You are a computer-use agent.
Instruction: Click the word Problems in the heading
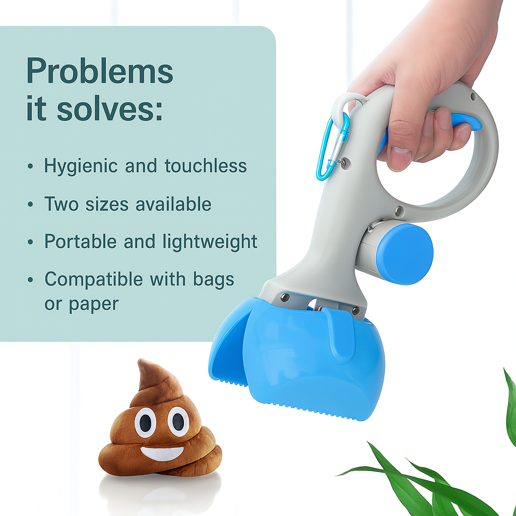pos(99,72)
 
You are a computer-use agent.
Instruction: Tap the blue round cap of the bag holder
pos(405,254)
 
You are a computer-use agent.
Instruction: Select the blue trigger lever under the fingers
pos(466,122)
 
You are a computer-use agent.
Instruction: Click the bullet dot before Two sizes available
pos(31,205)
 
